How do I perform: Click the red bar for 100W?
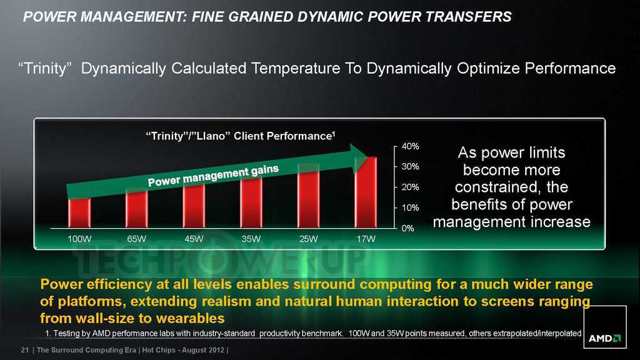[79, 212]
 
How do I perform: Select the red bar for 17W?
[366, 192]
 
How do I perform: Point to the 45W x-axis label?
[194, 239]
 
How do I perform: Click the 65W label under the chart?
[136, 239]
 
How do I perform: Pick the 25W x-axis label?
[309, 239]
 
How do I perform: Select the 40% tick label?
[410, 146]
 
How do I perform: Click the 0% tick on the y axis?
[407, 228]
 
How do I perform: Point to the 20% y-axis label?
[410, 187]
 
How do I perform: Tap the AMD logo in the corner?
[604, 338]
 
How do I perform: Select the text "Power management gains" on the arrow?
[213, 176]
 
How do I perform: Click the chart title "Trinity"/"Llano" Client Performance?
[241, 136]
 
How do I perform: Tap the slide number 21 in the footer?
[25, 350]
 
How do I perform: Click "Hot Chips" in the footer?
[158, 350]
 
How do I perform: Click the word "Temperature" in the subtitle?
[296, 68]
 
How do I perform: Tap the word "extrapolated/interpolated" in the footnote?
[537, 334]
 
